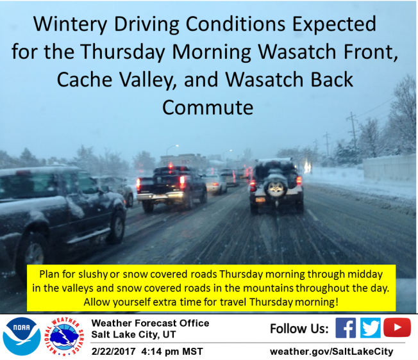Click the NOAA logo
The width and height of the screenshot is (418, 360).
tap(22, 336)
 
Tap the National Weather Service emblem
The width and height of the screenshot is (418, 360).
tap(64, 336)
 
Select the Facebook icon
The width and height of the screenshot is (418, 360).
tap(346, 328)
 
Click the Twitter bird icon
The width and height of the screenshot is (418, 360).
tap(371, 328)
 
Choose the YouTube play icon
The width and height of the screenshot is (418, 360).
tap(397, 327)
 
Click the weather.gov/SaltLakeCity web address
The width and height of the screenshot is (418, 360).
tap(331, 352)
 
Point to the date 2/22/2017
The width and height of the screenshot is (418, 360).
tap(113, 352)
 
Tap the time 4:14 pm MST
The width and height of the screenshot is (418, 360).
tap(172, 352)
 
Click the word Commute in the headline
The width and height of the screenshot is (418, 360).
tap(208, 108)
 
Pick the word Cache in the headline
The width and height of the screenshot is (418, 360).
tap(84, 79)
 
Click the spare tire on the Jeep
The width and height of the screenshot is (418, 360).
tap(276, 188)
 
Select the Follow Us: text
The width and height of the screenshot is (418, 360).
tap(299, 329)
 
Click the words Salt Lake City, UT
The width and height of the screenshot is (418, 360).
tap(133, 334)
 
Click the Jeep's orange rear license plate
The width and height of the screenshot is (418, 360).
tap(260, 200)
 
